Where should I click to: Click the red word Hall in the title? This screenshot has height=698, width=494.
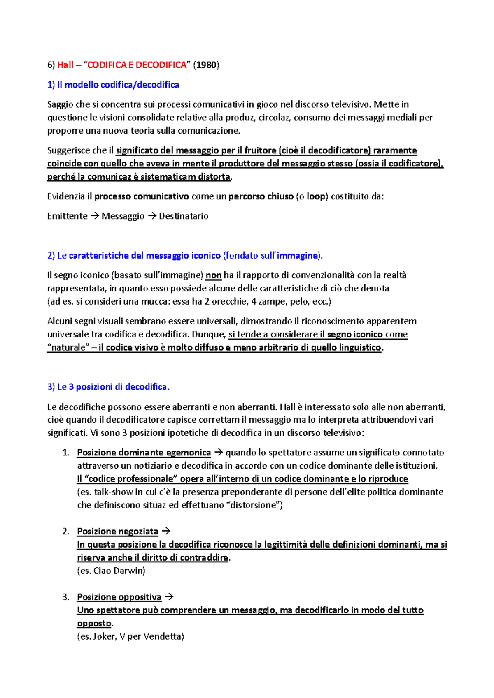click(x=65, y=65)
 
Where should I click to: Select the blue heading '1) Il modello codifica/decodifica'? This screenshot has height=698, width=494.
click(x=113, y=85)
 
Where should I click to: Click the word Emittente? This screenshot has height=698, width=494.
click(x=67, y=216)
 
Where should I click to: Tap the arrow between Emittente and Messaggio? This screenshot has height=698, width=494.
click(x=95, y=216)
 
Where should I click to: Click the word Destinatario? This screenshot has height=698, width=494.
click(x=184, y=216)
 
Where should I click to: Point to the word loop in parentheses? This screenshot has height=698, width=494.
click(x=316, y=196)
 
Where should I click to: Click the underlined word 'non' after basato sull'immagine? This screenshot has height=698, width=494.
click(x=213, y=275)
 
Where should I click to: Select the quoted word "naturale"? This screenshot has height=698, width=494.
click(x=68, y=348)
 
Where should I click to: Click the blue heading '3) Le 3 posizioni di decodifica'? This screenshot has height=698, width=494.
click(x=108, y=387)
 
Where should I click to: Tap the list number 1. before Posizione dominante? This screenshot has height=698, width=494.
click(x=66, y=453)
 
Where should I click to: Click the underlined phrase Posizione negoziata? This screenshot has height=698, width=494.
click(x=117, y=532)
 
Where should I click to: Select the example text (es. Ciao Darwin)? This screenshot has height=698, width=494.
click(x=111, y=571)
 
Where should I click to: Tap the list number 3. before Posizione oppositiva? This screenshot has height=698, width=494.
click(x=66, y=597)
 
